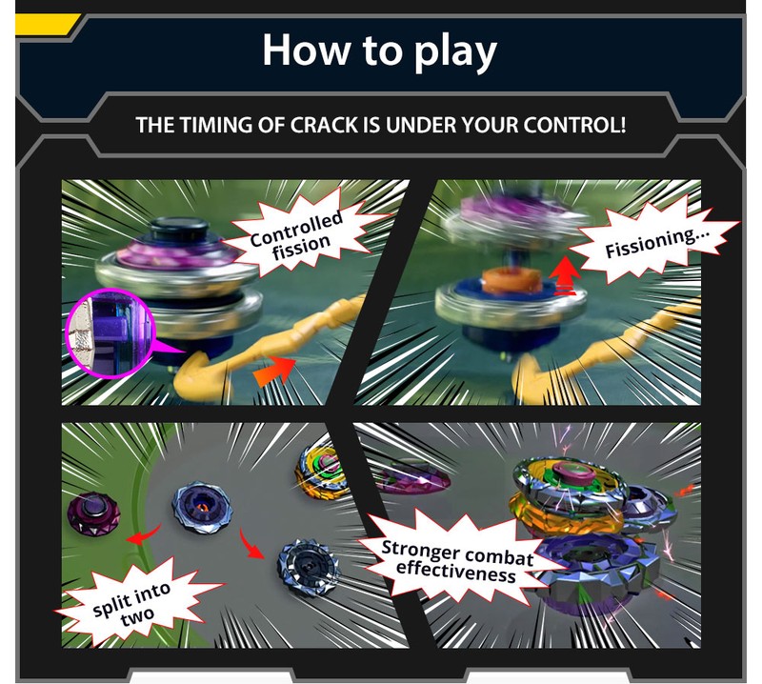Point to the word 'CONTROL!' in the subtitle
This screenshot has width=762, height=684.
(574, 125)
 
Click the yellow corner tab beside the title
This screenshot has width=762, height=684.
(46, 25)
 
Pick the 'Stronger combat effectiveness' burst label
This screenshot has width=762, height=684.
(457, 560)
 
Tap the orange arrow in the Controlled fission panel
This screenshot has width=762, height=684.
(273, 371)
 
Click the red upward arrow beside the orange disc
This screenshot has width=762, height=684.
(565, 275)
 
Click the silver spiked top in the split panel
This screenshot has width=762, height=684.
(308, 567)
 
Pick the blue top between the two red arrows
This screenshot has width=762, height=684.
(202, 508)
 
